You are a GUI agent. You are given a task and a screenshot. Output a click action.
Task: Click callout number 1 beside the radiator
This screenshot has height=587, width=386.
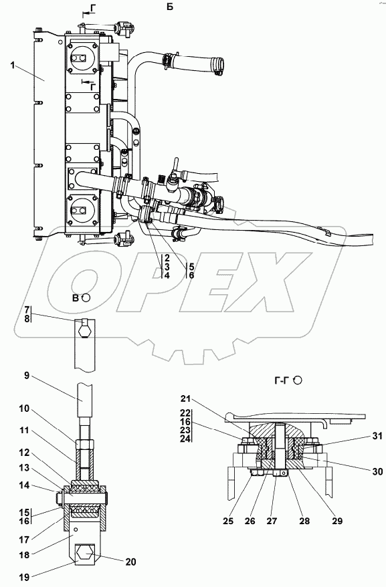tap(13, 66)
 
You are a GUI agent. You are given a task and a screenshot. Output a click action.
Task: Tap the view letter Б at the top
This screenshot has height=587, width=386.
tap(170, 7)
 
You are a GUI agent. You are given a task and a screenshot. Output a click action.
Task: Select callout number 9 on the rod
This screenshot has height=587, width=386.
tap(26, 376)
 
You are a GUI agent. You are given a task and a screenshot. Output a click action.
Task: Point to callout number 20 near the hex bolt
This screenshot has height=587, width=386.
tap(131, 562)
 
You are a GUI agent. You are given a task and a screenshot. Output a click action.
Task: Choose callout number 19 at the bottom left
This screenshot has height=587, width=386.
tap(23, 577)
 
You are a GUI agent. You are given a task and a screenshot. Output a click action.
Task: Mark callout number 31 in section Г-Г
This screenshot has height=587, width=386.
tap(377, 436)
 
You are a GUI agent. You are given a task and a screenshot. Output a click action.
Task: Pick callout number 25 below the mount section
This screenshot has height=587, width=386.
tap(228, 521)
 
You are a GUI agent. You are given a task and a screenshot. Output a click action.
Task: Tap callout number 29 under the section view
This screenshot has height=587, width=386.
tap(337, 521)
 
